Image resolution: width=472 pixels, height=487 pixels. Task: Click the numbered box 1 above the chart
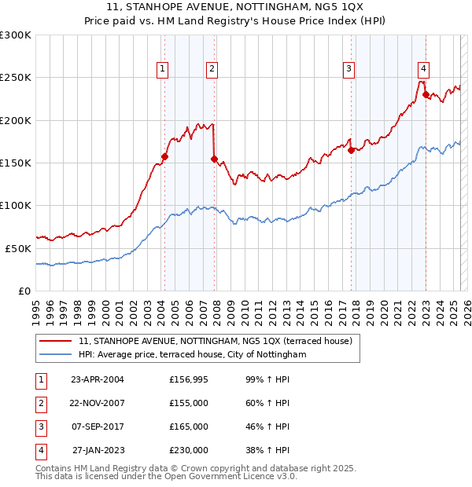162,69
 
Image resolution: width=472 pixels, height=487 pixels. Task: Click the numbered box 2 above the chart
212,69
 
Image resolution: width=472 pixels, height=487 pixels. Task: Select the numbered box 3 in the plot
348,69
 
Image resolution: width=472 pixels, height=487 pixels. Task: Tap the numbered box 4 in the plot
423,69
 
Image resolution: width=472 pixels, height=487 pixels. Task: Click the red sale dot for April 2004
164,156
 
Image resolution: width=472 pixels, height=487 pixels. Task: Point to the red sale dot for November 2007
215,159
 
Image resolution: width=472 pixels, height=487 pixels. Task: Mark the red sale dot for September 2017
351,150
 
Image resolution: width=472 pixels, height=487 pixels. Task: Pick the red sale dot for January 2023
426,95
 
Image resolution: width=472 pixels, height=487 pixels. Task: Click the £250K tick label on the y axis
16,78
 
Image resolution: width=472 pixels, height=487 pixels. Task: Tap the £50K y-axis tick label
18,247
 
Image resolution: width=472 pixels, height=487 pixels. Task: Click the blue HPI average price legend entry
192,355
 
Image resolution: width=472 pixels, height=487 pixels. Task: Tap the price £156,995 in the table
189,379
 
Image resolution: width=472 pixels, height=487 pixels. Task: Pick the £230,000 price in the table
189,450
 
